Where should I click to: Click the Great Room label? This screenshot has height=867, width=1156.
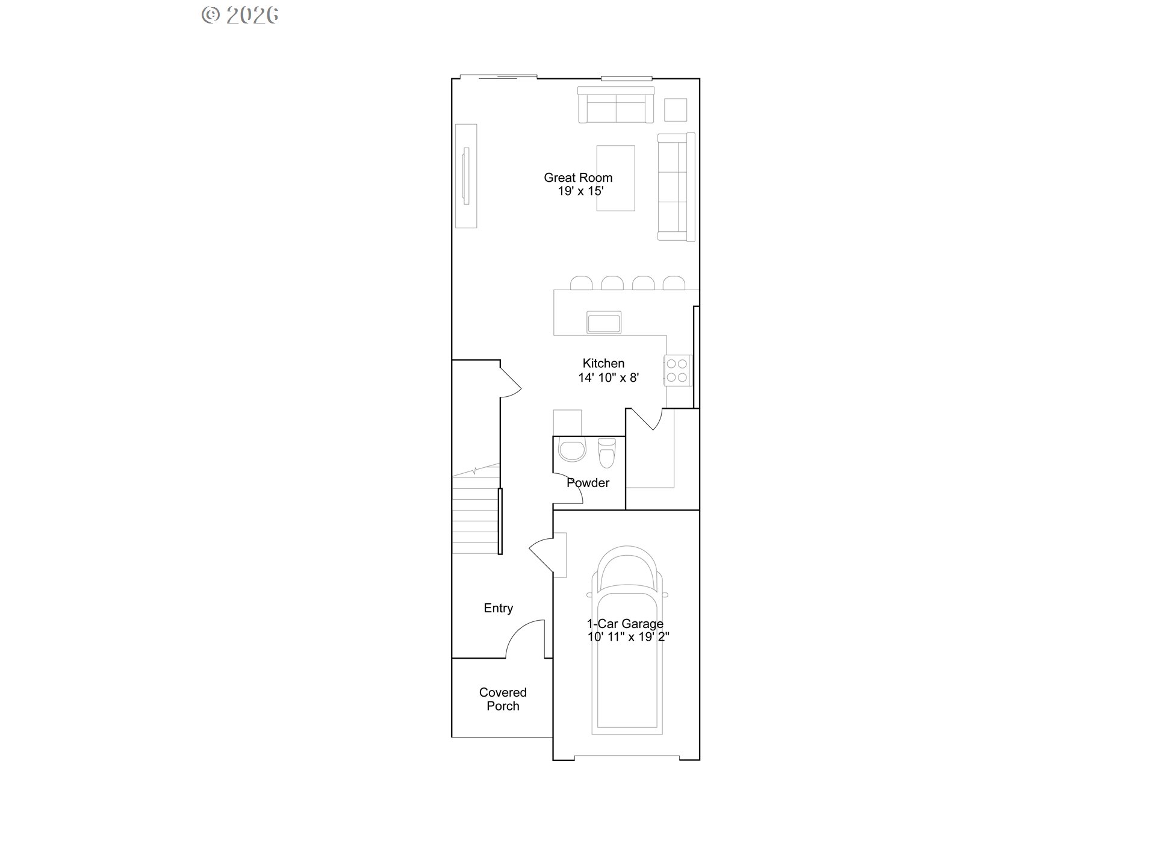pos(578,178)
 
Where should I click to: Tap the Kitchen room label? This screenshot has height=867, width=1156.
pos(603,364)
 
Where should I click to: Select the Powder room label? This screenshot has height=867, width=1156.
pos(588,483)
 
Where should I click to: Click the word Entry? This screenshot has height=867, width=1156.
pos(499,608)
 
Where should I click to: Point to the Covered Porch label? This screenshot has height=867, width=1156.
pos(503,699)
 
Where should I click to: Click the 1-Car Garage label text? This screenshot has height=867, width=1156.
pos(625,624)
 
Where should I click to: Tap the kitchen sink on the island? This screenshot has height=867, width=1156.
pos(604,323)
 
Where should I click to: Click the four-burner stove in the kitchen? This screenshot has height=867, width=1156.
pos(677,370)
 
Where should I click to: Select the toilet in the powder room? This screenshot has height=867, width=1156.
pos(606,452)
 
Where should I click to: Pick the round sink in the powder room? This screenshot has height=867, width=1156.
pos(572,450)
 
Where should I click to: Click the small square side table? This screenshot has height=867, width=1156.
pos(676,110)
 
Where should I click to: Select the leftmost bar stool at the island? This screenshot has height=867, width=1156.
pos(581,283)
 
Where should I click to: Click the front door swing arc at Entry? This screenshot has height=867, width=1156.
pos(524,638)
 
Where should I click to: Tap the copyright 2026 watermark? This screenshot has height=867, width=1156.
pos(240,15)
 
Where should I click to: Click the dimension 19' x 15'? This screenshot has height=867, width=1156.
pos(580,191)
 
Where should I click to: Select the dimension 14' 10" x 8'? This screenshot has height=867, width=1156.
pos(608,378)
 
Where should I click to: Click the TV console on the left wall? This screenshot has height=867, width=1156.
pos(466,176)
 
